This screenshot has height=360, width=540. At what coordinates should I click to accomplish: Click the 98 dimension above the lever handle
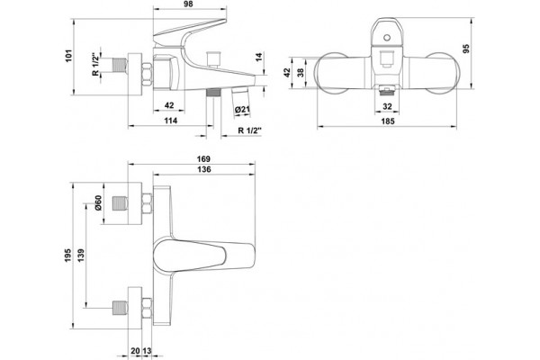(x=188, y=4)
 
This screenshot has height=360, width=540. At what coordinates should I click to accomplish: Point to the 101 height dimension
(x=69, y=56)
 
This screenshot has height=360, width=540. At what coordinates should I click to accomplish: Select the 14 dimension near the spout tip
(x=259, y=57)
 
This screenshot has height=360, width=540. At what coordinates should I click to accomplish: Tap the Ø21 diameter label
(x=242, y=110)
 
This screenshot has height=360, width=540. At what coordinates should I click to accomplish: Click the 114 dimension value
(x=170, y=121)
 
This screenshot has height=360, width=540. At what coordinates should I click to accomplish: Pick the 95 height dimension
(x=466, y=49)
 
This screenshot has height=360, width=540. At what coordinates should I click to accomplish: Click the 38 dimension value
(x=301, y=72)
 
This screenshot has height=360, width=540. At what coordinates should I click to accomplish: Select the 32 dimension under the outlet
(x=387, y=106)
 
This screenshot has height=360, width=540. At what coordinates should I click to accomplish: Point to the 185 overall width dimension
(x=388, y=121)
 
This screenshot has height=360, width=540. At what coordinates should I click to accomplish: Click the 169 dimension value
(x=203, y=159)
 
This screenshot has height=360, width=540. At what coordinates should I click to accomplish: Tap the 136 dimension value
(x=204, y=169)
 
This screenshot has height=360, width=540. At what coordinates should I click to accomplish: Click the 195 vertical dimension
(x=67, y=256)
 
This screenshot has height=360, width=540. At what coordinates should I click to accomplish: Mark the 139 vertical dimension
(x=81, y=256)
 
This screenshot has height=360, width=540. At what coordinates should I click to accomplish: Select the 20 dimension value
(x=135, y=351)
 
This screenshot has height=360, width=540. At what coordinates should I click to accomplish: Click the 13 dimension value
(x=147, y=351)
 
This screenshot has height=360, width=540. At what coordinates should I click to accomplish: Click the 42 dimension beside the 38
(x=287, y=72)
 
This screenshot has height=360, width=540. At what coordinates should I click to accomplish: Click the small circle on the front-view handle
(x=387, y=37)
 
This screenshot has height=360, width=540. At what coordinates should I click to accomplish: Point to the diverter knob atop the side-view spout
(x=213, y=58)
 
